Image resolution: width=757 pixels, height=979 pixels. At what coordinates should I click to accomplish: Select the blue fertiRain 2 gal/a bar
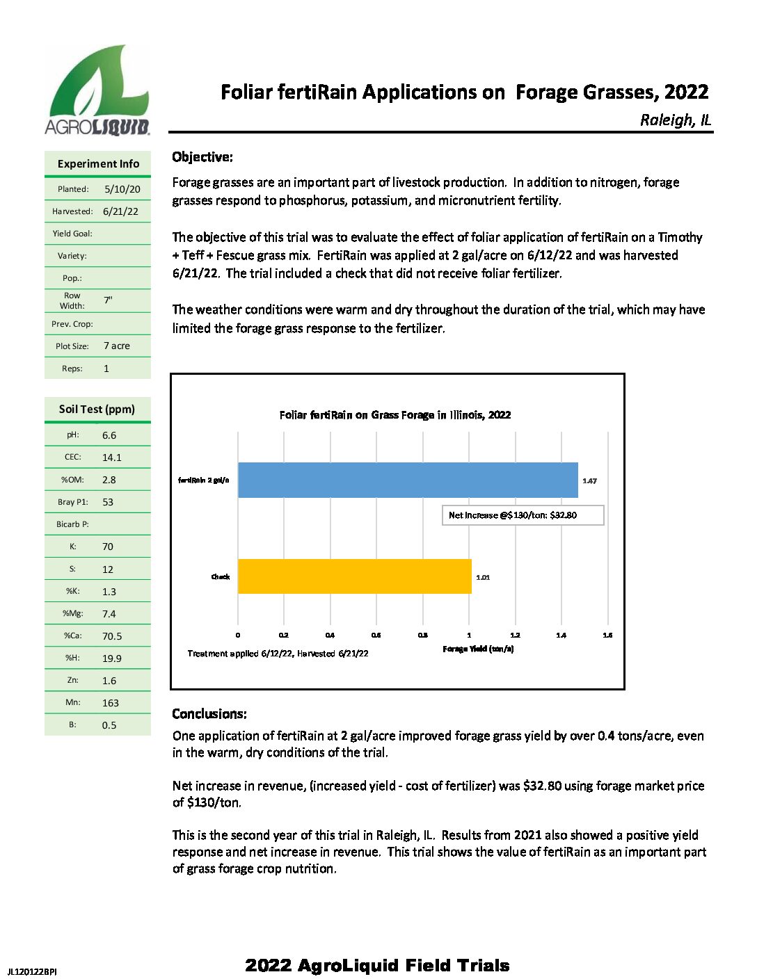click(408, 480)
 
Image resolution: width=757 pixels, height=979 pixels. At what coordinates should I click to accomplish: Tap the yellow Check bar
click(354, 576)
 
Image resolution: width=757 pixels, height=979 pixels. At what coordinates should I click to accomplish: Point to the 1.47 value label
click(589, 480)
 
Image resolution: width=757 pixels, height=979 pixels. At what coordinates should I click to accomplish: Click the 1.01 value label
click(483, 577)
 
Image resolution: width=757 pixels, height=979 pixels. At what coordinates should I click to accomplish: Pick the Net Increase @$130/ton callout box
click(523, 515)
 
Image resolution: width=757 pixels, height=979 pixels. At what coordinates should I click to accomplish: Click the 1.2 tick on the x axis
click(515, 635)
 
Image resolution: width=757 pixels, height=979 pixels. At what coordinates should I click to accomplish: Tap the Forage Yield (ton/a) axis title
click(478, 649)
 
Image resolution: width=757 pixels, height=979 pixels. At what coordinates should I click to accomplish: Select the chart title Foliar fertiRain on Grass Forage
click(395, 415)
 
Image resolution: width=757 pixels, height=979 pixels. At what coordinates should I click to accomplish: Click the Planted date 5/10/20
click(122, 189)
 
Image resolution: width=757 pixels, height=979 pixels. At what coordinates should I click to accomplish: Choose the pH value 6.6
click(109, 435)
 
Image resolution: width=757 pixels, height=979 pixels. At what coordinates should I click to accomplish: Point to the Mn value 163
click(111, 703)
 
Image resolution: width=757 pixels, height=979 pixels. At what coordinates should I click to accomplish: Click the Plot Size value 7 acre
click(117, 346)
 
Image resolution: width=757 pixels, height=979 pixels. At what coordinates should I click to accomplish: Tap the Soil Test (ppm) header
click(97, 409)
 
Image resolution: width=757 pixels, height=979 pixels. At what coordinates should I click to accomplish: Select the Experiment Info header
click(98, 164)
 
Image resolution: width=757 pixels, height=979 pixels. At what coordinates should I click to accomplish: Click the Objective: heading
click(202, 157)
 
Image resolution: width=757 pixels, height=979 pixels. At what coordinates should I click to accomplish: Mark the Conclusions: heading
click(209, 714)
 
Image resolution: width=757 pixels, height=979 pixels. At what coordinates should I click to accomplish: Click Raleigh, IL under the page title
click(675, 120)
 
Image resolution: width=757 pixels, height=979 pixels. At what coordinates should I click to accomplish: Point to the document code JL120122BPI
click(32, 971)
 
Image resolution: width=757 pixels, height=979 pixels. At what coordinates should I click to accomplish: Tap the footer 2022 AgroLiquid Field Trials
click(377, 965)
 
